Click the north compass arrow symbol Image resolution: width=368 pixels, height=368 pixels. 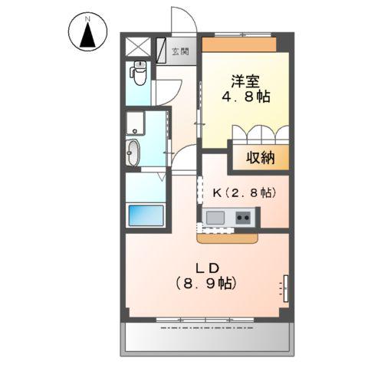coord(87,33)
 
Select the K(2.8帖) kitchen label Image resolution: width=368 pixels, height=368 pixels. coord(240,193)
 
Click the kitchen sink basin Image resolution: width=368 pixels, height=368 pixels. coord(215,219)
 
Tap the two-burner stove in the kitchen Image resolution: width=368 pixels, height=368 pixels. coord(244,219)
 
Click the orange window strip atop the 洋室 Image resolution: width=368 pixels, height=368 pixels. coord(238,45)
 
